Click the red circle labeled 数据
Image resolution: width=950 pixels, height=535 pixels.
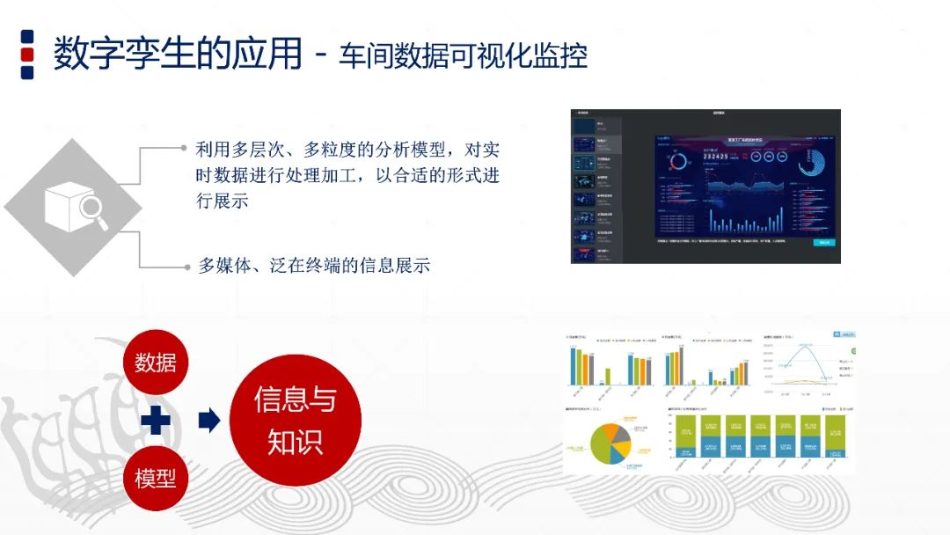[x=156, y=361]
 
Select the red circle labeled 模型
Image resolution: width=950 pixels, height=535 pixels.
[x=156, y=478]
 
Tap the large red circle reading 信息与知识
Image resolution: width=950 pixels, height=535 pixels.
[x=295, y=420]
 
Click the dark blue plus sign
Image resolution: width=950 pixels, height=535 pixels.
[x=156, y=421]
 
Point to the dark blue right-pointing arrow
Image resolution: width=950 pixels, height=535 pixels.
[x=208, y=421]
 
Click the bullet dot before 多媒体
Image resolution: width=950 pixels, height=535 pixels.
[x=184, y=265]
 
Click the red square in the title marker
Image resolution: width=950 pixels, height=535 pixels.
[x=27, y=55]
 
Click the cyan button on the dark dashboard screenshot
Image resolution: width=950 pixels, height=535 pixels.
[x=823, y=242]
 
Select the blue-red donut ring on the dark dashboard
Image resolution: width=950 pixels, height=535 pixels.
[x=679, y=161]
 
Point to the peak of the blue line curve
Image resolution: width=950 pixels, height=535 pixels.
[x=803, y=346]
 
